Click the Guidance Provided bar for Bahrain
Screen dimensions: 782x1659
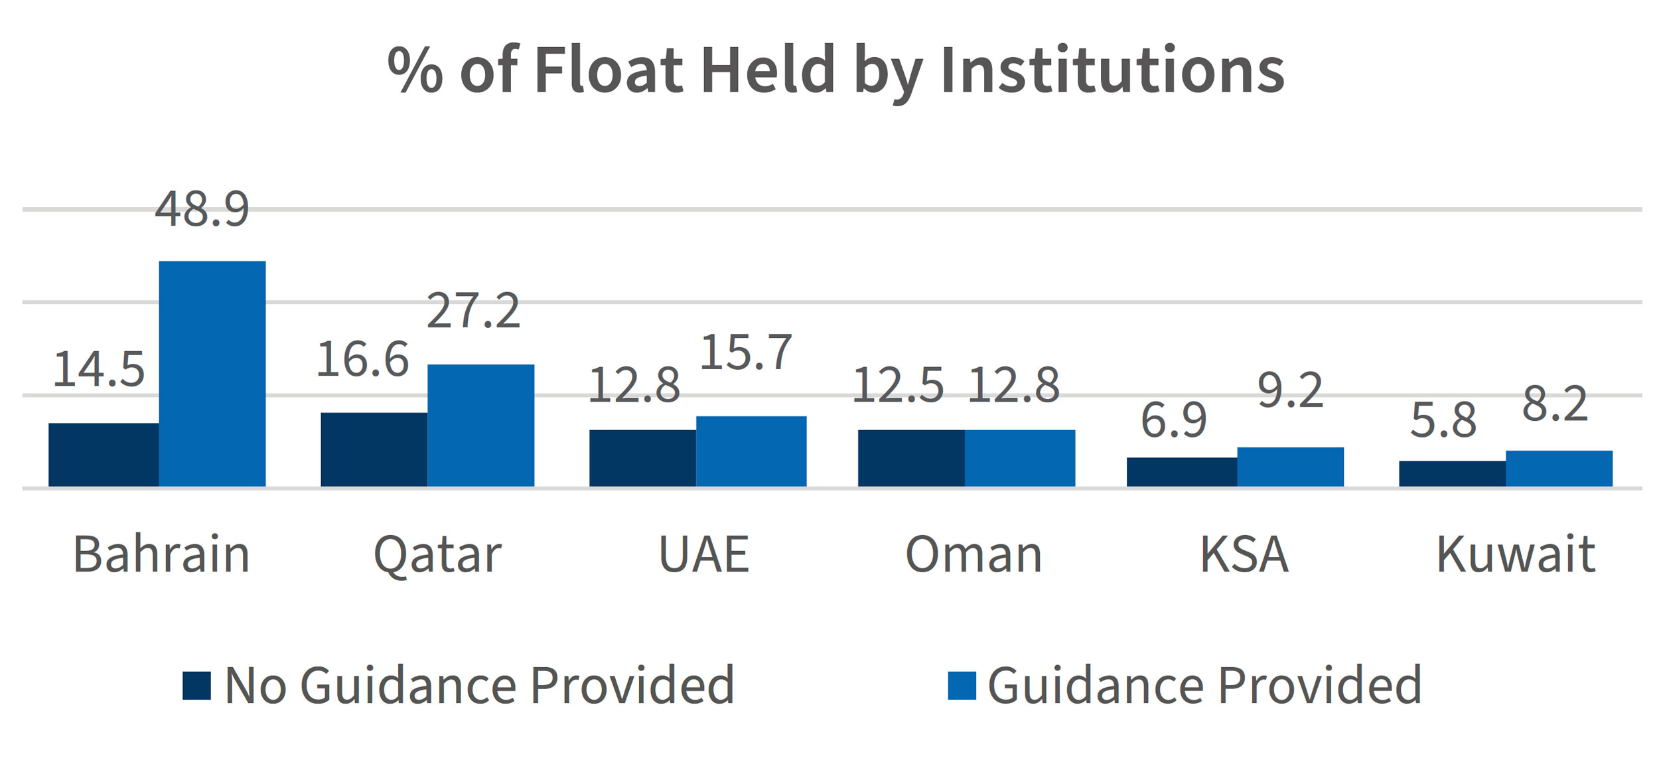click(x=212, y=374)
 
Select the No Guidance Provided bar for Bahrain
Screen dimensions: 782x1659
click(x=104, y=455)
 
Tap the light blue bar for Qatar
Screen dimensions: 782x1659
click(x=480, y=426)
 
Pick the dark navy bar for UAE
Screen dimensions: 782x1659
click(x=642, y=458)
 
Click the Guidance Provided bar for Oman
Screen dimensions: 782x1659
click(x=1019, y=458)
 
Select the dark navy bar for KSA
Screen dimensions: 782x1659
click(x=1181, y=472)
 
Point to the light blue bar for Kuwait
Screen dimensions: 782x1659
click(x=1558, y=469)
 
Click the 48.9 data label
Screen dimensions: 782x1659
click(x=202, y=210)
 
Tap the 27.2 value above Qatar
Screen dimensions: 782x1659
click(x=473, y=311)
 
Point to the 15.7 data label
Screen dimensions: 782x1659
click(x=746, y=352)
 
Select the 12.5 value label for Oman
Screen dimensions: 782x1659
click(x=897, y=386)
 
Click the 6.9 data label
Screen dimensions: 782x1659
click(x=1173, y=421)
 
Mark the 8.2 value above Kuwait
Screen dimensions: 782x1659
click(x=1555, y=404)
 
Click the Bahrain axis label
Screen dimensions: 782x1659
click(x=161, y=554)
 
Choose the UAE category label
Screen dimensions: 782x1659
click(x=703, y=554)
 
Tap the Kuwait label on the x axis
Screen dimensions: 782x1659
click(x=1516, y=554)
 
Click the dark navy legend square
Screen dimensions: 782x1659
click(x=197, y=686)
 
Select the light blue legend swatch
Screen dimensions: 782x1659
click(x=962, y=686)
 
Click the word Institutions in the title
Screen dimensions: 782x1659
click(x=1112, y=70)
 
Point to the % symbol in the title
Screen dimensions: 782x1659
click(x=415, y=70)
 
